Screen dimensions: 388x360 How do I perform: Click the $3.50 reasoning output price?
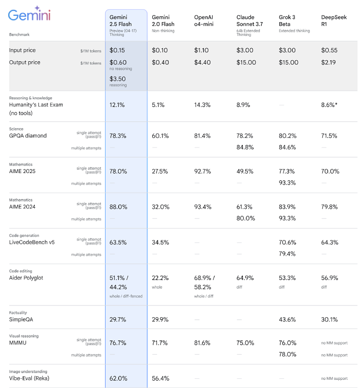click(x=118, y=79)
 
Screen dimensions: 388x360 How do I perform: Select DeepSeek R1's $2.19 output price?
click(x=330, y=62)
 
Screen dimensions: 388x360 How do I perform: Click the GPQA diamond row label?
click(x=28, y=135)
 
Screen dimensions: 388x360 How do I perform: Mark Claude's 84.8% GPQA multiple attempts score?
click(x=245, y=147)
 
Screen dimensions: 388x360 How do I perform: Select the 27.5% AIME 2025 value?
click(x=160, y=171)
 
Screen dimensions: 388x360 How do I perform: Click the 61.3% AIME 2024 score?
click(x=245, y=207)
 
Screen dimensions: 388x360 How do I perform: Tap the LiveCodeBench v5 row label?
click(x=32, y=242)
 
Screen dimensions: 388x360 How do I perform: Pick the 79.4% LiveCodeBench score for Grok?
click(x=288, y=254)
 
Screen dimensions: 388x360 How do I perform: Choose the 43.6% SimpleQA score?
click(x=288, y=320)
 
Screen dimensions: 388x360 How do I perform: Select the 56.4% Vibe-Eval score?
click(x=160, y=378)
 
